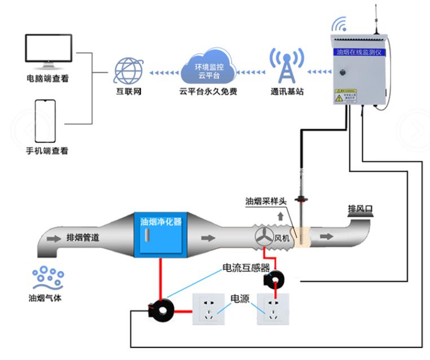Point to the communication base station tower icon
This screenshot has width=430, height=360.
[284, 66]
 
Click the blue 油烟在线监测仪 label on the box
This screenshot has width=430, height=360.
[358, 51]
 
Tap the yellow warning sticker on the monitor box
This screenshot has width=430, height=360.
[346, 95]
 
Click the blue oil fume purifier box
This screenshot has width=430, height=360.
[160, 234]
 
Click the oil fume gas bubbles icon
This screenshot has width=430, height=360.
[47, 277]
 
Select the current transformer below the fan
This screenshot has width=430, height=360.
[274, 278]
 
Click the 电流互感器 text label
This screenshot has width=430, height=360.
[245, 267]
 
